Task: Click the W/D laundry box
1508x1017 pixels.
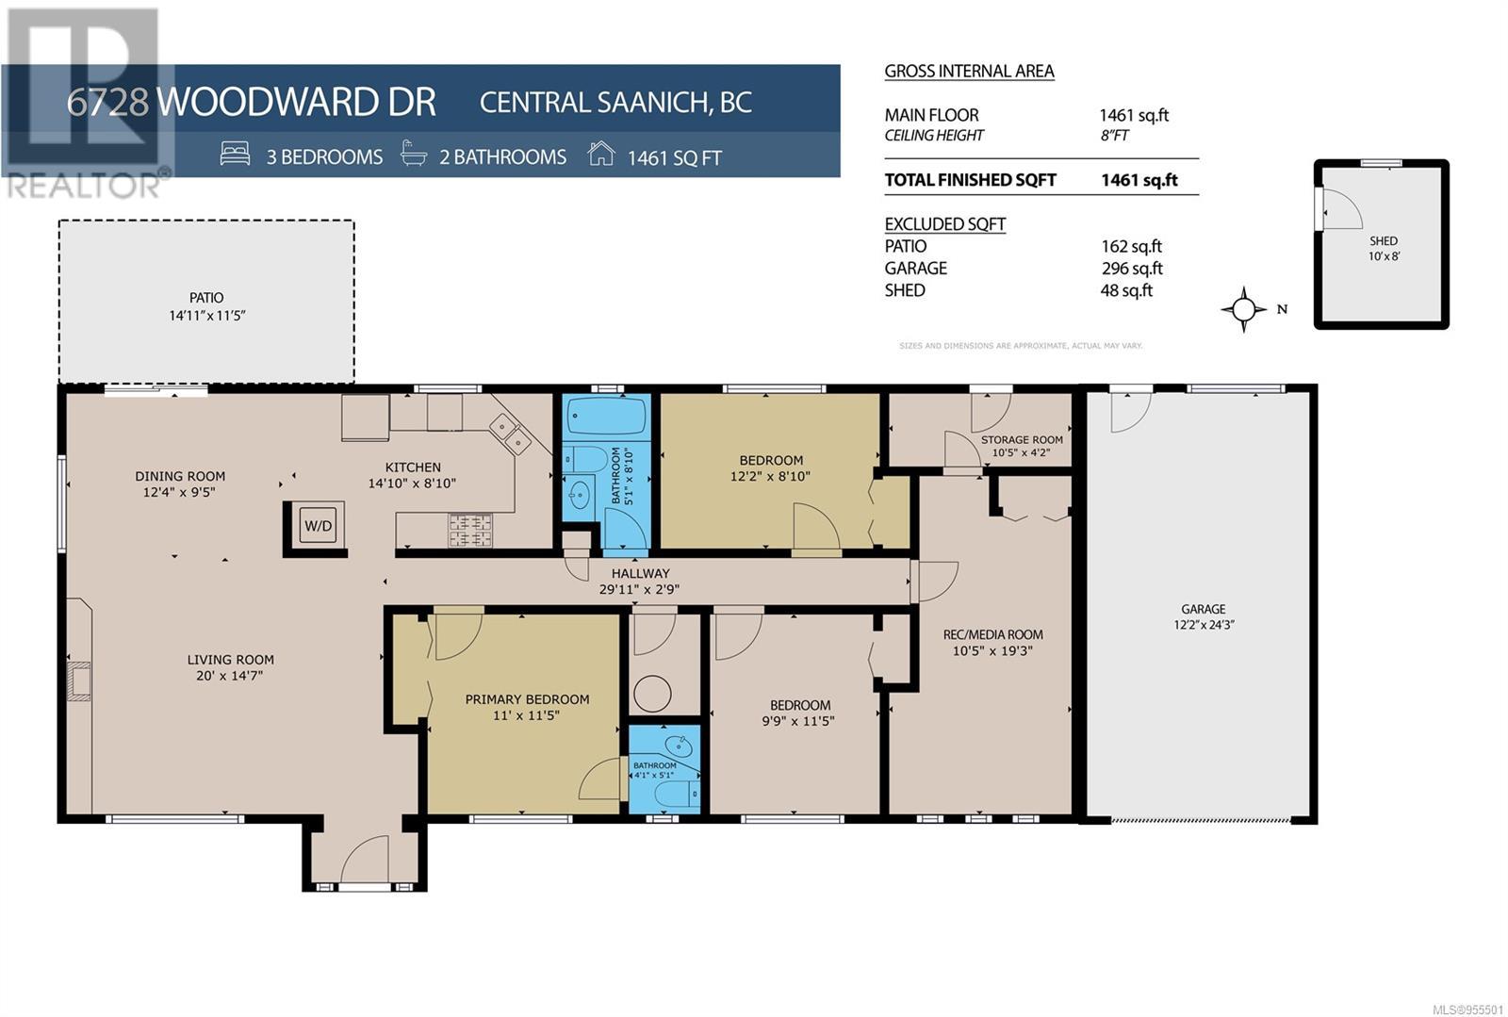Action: pyautogui.click(x=319, y=526)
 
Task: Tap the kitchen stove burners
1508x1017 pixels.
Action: pyautogui.click(x=470, y=530)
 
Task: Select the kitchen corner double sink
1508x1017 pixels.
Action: pyautogui.click(x=510, y=435)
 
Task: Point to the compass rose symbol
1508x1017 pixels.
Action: pyautogui.click(x=1243, y=309)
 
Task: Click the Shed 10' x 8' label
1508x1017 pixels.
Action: pyautogui.click(x=1384, y=249)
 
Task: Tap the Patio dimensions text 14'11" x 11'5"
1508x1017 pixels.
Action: pyautogui.click(x=206, y=315)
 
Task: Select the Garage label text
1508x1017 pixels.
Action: pyautogui.click(x=1203, y=609)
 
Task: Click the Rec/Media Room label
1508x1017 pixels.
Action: pyautogui.click(x=993, y=634)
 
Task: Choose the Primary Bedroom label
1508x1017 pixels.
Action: pyautogui.click(x=527, y=699)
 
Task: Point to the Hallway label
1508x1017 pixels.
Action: pyautogui.click(x=640, y=573)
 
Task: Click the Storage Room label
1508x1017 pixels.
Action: pyautogui.click(x=1022, y=439)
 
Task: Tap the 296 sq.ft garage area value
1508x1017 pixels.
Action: pyautogui.click(x=1132, y=268)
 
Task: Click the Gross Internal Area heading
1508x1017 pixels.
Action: pyautogui.click(x=970, y=72)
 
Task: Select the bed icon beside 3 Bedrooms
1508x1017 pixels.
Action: pyautogui.click(x=235, y=154)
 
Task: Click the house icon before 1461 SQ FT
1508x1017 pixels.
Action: pyautogui.click(x=600, y=154)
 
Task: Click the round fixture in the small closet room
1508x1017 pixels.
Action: pyautogui.click(x=652, y=694)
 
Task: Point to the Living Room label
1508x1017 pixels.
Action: pyautogui.click(x=230, y=660)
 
